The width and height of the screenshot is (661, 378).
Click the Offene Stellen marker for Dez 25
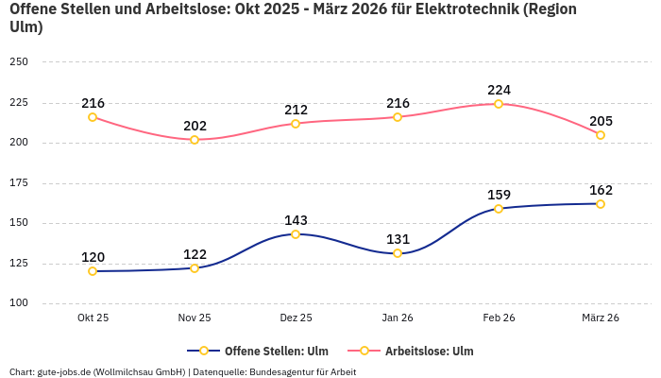[x=296, y=234]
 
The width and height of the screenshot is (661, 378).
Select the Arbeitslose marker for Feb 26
[x=499, y=104]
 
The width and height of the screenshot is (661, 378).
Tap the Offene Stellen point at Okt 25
[x=93, y=271]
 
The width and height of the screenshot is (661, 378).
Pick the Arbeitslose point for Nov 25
[x=195, y=140]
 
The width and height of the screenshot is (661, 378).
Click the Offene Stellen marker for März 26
[x=601, y=204]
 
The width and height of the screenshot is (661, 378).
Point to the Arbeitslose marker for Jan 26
[x=398, y=117]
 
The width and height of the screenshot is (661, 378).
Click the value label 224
[x=499, y=90]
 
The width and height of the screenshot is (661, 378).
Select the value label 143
[x=296, y=220]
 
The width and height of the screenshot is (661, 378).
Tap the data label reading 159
[x=499, y=195]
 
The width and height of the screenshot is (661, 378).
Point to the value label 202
[x=195, y=126]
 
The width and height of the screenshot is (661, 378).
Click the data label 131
[x=398, y=239]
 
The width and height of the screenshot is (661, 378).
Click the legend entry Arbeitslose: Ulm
[x=429, y=352]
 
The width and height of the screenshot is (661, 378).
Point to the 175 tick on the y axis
[x=19, y=183]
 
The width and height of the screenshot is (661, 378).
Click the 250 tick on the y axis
[x=19, y=62]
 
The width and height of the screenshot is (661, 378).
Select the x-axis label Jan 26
[x=398, y=318]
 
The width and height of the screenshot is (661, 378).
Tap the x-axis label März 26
[x=601, y=318]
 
